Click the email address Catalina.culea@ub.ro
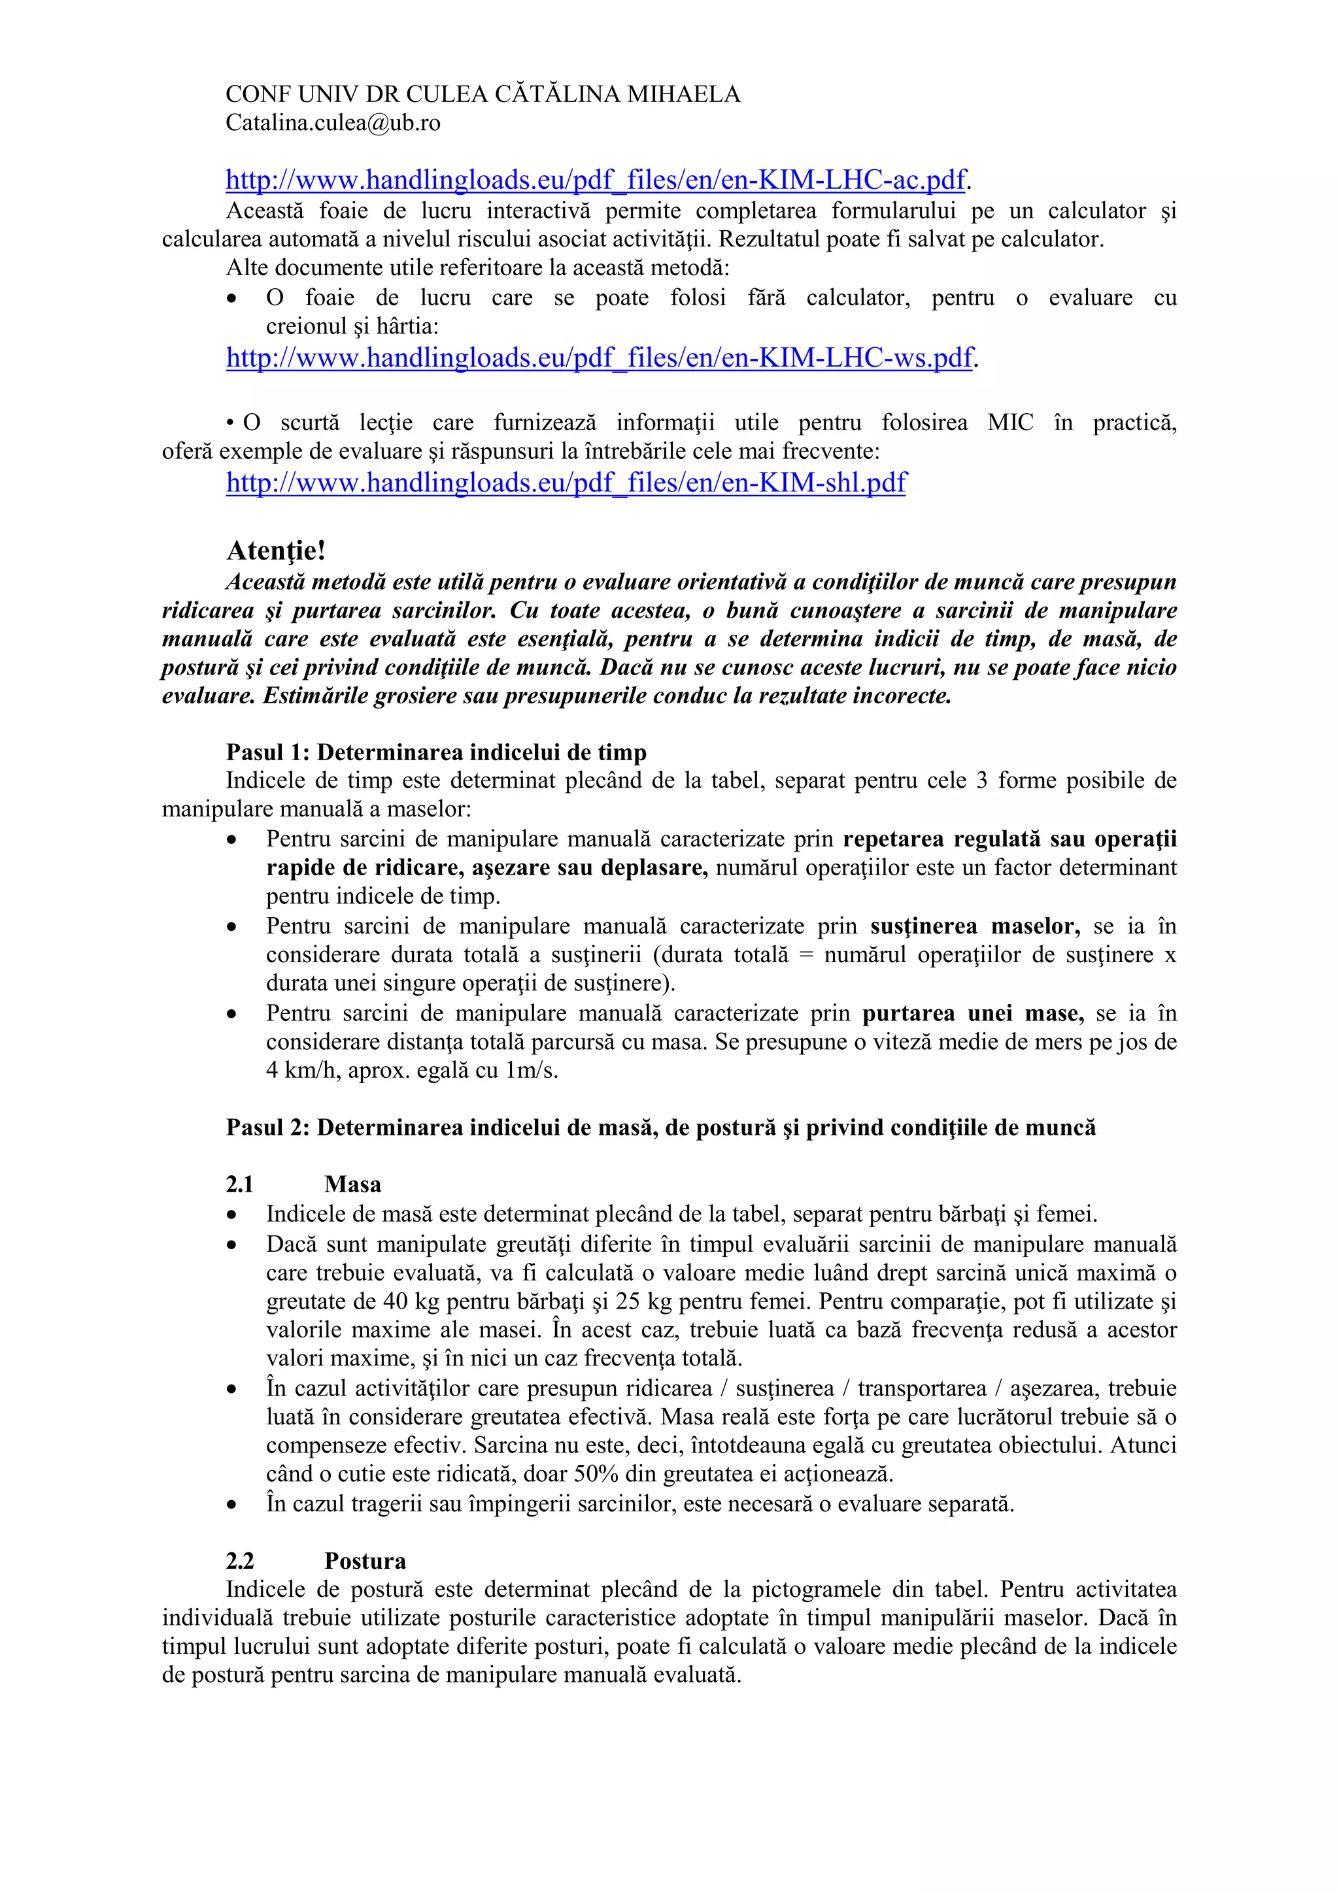coord(333,123)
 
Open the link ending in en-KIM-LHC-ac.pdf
coord(596,179)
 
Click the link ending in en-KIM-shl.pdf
coord(566,482)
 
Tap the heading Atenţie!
coord(276,550)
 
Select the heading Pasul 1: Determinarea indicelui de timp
coord(436,752)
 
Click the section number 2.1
coord(240,1184)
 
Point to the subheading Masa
coord(353,1184)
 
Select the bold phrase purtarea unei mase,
coord(973,1013)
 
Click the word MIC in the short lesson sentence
coord(1010,423)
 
